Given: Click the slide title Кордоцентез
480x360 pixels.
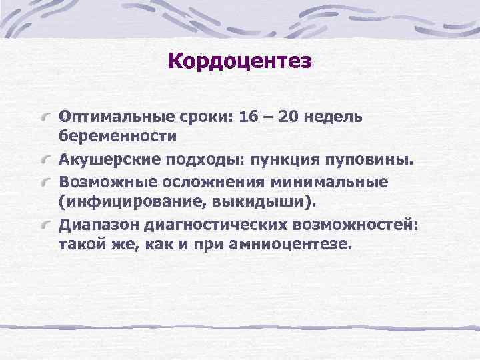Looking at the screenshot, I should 240,61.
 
